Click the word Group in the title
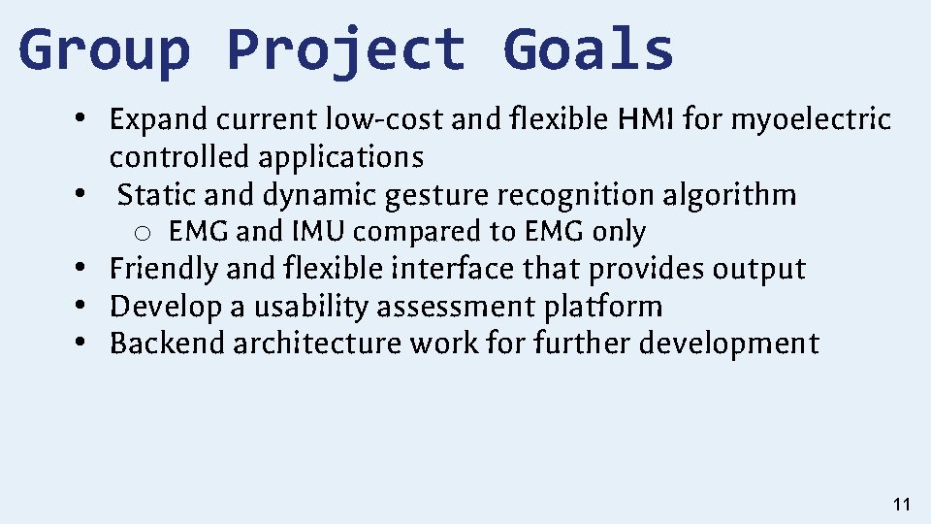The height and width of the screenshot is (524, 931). click(104, 50)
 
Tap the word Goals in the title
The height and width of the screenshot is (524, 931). click(588, 50)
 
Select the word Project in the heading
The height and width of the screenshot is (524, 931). click(345, 50)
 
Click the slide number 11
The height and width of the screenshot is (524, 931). click(901, 504)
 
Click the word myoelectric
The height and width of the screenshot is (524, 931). click(810, 120)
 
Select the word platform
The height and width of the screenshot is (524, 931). click(602, 307)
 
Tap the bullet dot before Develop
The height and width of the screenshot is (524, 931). click(87, 307)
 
